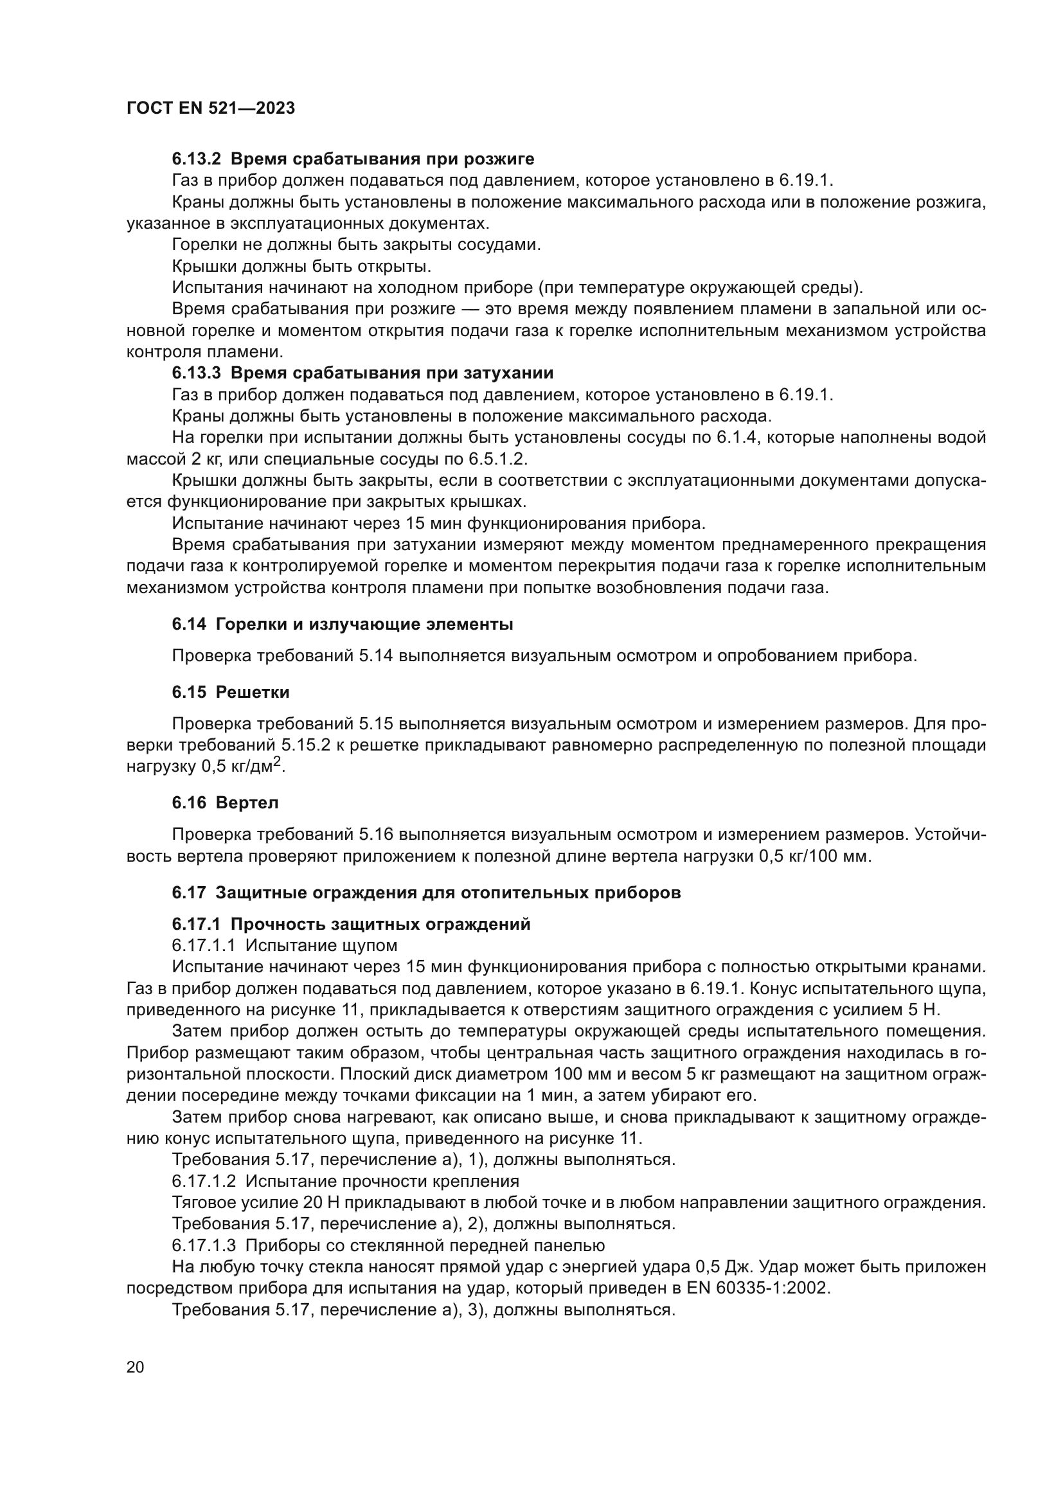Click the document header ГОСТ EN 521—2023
coord(210,108)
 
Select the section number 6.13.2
coord(197,159)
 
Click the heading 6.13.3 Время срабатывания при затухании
coord(362,373)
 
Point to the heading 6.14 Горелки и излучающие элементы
coord(343,624)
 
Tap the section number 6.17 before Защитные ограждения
coord(189,893)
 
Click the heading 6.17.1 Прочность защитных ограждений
coord(351,923)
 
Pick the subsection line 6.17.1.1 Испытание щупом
coord(284,945)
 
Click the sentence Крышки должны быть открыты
coord(301,267)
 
